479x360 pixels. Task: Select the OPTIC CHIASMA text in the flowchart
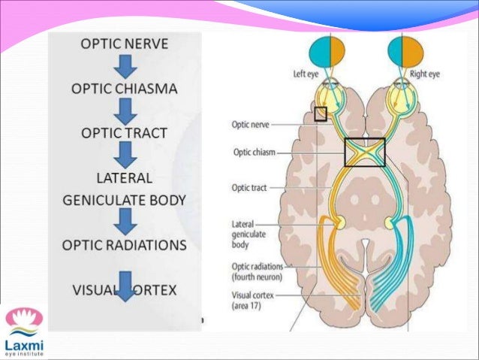(124, 89)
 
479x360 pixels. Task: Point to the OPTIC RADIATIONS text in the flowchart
(124, 244)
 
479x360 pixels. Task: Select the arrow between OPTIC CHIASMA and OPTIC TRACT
(124, 112)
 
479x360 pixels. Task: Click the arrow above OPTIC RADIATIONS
(124, 221)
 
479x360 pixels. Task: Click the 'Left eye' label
(306, 74)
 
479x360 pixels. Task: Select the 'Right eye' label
(425, 74)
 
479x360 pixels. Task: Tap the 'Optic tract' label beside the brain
(249, 187)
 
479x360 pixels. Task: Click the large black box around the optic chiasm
(364, 152)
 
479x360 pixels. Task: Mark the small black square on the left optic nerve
(321, 113)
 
